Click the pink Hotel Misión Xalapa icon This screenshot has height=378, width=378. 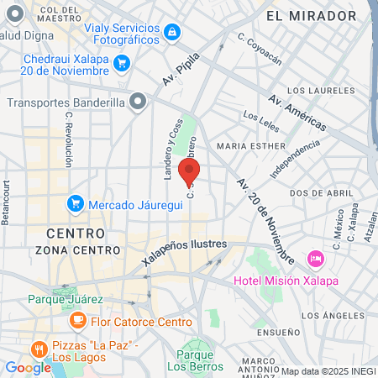[x=316, y=256]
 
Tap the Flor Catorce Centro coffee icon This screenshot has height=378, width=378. [x=77, y=319]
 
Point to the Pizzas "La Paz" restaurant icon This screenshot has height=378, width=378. [x=38, y=348]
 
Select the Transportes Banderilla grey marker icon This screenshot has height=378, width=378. [x=139, y=103]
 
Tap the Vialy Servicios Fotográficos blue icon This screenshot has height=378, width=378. [x=171, y=32]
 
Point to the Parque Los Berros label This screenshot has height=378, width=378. [x=195, y=360]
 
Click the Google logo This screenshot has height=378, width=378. [x=28, y=367]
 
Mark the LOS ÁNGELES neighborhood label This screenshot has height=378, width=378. [x=330, y=315]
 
